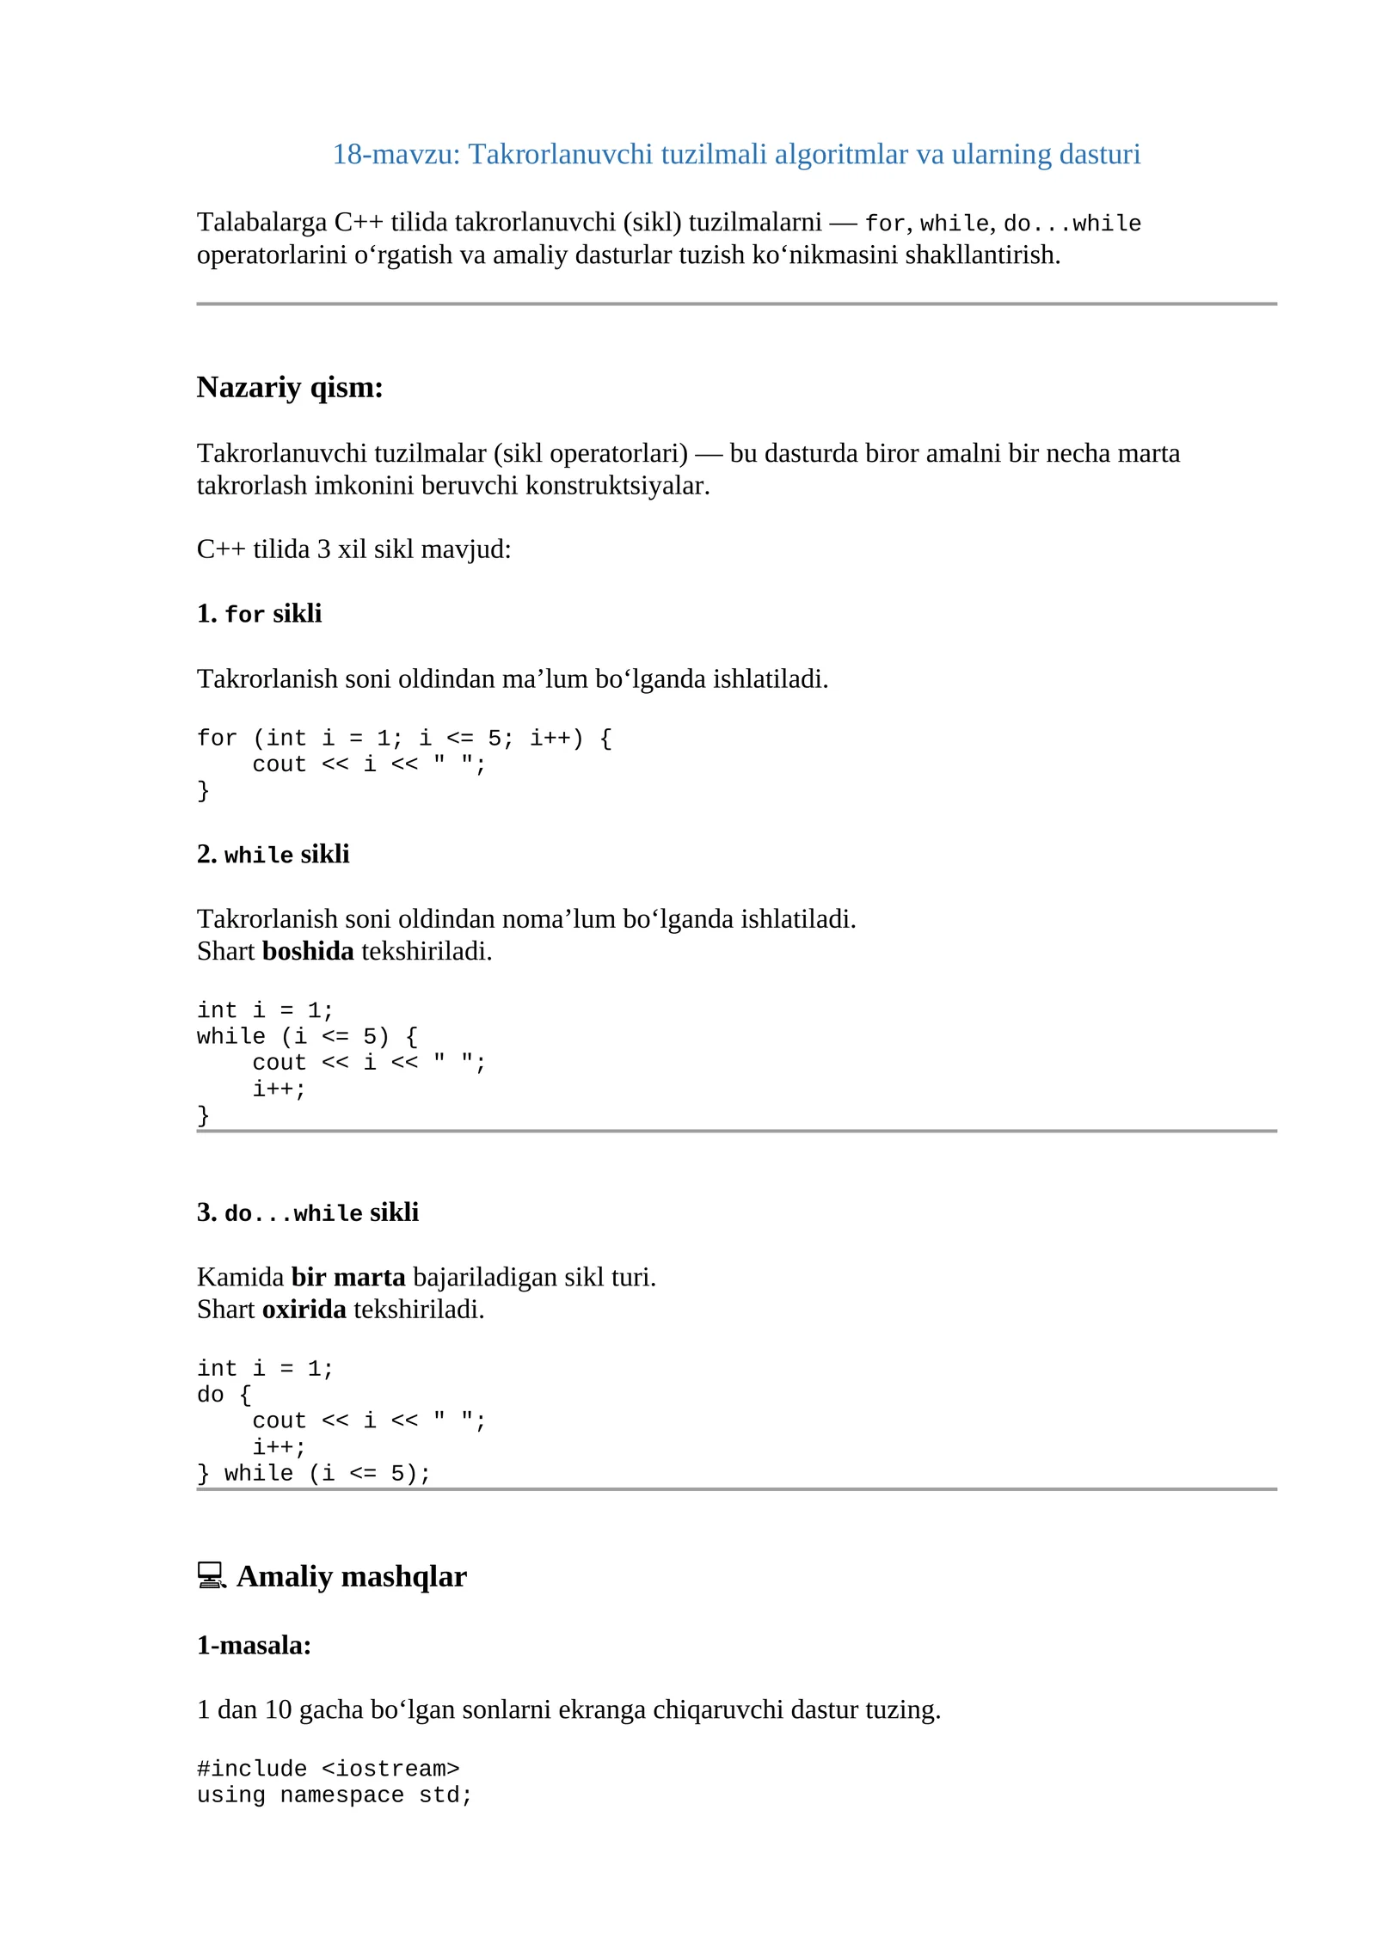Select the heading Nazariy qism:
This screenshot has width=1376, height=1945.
tap(290, 388)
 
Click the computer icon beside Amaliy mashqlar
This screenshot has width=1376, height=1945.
tap(211, 1575)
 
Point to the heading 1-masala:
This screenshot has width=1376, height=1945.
tap(254, 1645)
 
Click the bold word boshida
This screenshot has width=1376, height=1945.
tap(308, 951)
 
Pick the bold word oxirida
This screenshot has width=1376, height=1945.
tap(304, 1309)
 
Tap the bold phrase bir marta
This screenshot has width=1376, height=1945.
tap(347, 1277)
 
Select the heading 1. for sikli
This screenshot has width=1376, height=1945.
tap(259, 614)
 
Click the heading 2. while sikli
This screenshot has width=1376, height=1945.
tap(273, 855)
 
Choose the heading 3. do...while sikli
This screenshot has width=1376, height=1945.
tap(307, 1212)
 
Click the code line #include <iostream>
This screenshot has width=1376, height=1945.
tap(328, 1769)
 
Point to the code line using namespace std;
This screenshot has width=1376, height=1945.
tap(335, 1795)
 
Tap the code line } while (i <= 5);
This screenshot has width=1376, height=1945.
tap(313, 1474)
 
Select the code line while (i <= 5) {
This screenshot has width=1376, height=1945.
tap(307, 1037)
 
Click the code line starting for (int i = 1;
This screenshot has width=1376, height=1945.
tap(404, 739)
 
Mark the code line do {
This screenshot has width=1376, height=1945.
tap(224, 1395)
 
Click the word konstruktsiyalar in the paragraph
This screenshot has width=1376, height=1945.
tap(617, 486)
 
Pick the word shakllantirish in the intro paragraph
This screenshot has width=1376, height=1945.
tap(982, 255)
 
